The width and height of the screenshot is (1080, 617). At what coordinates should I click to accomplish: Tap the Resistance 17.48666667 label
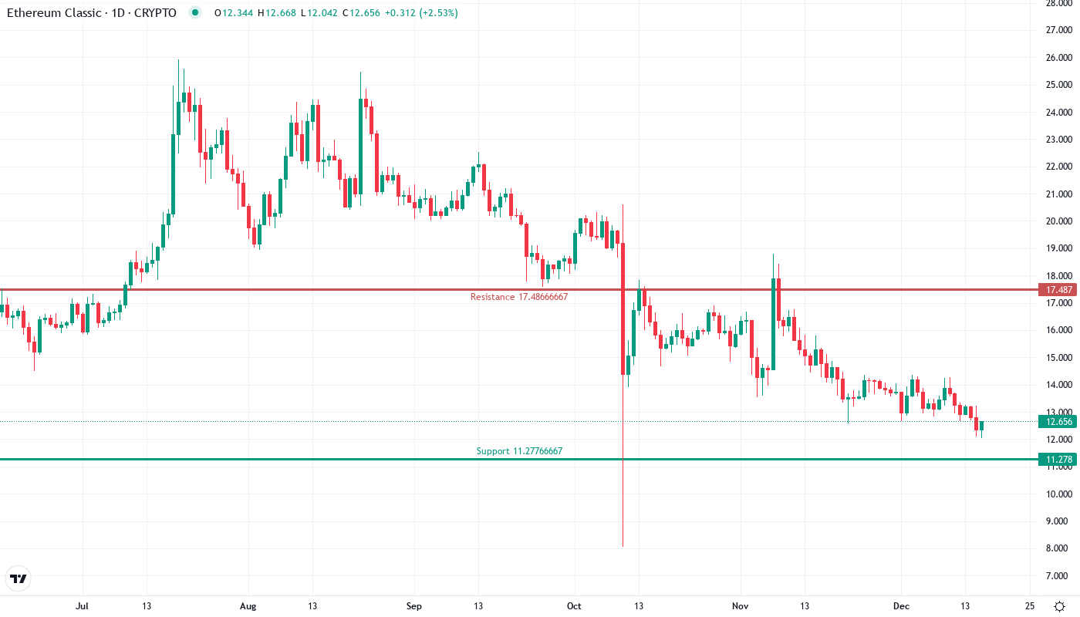coord(518,297)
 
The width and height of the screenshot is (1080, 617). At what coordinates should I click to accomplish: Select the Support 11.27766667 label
coord(525,451)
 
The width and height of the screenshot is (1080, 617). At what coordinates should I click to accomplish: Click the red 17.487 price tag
coord(1057,290)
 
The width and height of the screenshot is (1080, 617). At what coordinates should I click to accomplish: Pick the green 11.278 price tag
coord(1057,460)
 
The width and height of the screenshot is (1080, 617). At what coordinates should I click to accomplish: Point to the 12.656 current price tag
coord(1057,421)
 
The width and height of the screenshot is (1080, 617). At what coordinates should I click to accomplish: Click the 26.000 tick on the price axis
coord(1057,58)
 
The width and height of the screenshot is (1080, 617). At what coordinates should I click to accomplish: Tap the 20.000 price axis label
coord(1057,221)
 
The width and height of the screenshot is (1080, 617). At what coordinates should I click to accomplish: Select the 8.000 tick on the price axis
coord(1057,549)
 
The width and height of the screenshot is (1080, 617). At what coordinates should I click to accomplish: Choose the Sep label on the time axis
coord(414,606)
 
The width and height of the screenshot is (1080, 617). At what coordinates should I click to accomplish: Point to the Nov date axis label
coord(741,606)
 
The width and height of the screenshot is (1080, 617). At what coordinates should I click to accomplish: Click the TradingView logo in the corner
coord(19,578)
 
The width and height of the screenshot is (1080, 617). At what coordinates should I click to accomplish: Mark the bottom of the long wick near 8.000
coord(623,545)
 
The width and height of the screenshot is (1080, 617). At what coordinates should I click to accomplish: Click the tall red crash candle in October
coord(623,308)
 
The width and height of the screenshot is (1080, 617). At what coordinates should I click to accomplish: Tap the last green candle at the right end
coord(981,425)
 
